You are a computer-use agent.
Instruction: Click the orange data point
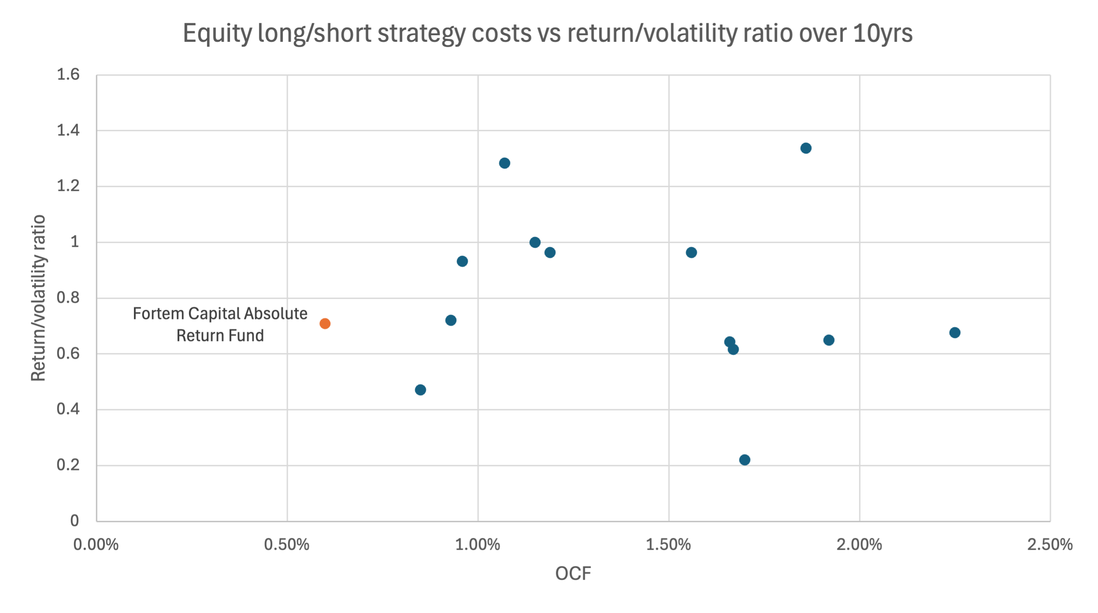[x=325, y=324]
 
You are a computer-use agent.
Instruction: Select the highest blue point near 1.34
[x=806, y=148]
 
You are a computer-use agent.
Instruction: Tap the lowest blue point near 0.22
[x=744, y=460]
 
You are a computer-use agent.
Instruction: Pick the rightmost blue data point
[x=954, y=333]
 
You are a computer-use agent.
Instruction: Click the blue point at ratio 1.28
[x=504, y=163]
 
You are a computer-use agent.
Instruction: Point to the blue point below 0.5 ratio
[x=420, y=390]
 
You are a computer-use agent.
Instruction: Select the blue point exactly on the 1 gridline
[x=535, y=242]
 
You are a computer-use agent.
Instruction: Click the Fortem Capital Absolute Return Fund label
[x=220, y=325]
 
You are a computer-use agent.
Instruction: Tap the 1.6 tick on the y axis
[x=68, y=75]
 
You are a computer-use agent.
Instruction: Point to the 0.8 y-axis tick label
[x=68, y=298]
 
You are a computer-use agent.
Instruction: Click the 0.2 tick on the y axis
[x=68, y=465]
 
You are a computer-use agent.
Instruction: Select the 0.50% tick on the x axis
[x=287, y=545]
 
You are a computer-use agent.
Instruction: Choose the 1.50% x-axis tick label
[x=668, y=545]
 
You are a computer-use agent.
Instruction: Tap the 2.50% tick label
[x=1050, y=545]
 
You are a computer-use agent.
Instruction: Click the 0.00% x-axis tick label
[x=96, y=545]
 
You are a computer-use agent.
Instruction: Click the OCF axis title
[x=573, y=574]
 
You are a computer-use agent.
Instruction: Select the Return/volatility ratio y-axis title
[x=39, y=298]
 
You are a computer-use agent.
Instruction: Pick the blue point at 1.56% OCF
[x=691, y=253]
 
